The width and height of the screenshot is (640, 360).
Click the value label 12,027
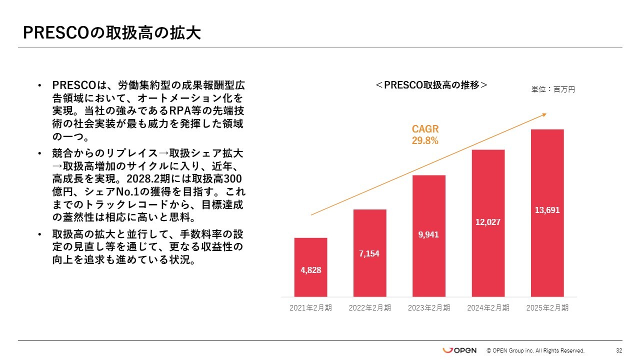488,221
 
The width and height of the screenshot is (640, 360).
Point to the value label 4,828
310,270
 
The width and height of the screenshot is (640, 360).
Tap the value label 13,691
547,210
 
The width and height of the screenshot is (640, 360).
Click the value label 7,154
369,254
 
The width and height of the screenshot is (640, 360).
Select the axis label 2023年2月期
428,308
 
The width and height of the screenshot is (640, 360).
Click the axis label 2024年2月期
488,308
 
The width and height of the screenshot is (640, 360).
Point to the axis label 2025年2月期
547,308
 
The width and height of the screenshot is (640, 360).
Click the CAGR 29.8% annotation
425,135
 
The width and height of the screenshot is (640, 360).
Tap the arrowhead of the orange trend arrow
544,115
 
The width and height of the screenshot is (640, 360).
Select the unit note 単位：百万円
553,89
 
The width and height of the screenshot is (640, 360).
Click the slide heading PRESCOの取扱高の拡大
112,33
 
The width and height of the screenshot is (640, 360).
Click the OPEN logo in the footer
459,350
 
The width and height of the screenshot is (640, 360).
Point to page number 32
619,350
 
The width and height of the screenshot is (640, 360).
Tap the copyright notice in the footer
535,350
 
